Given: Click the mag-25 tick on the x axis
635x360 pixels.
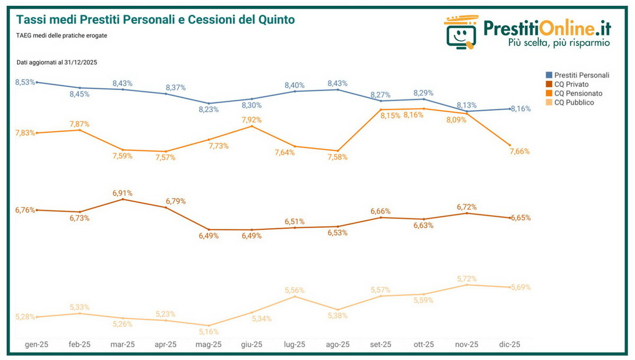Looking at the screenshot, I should pos(208,345).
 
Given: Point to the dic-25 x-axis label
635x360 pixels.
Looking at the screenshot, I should pos(510,345).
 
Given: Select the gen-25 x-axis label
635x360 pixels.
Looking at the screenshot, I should pos(37,345).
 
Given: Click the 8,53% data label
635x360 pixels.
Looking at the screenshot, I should pos(25,82).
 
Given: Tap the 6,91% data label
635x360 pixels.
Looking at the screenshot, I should pos(122,193).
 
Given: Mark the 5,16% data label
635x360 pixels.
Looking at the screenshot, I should pos(208,332).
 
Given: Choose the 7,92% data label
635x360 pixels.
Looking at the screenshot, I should pos(251,120).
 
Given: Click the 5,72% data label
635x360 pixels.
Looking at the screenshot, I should pos(467,278).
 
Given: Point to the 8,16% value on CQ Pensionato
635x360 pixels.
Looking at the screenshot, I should pos(413,115).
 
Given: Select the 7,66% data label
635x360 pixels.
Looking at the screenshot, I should pos(520,151).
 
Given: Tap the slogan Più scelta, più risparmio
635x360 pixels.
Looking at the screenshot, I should pos(559,42).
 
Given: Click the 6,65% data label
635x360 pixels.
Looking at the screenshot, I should pos(521,218).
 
